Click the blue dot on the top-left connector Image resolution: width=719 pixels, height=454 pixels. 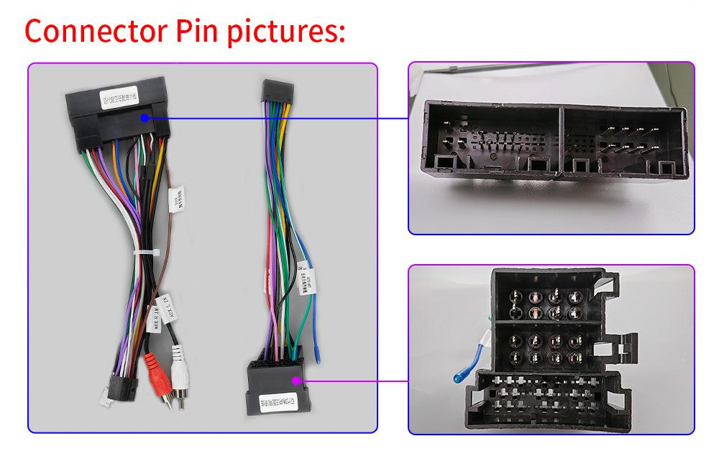tap(146, 117)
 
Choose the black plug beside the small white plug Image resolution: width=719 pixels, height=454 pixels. tap(120, 386)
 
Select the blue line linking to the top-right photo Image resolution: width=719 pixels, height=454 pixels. tap(280, 117)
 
